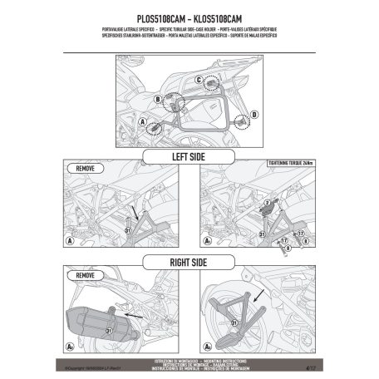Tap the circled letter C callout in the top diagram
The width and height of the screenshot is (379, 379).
point(200,80)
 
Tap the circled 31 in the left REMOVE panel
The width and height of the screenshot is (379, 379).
point(126,230)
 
